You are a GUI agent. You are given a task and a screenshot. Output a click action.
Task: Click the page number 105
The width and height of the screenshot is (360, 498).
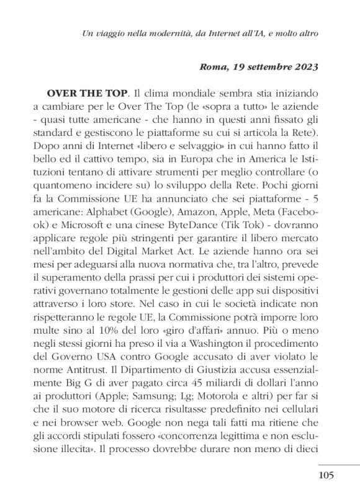(x=325, y=475)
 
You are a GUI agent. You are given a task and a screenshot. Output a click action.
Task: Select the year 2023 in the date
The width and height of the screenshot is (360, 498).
(x=304, y=66)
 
